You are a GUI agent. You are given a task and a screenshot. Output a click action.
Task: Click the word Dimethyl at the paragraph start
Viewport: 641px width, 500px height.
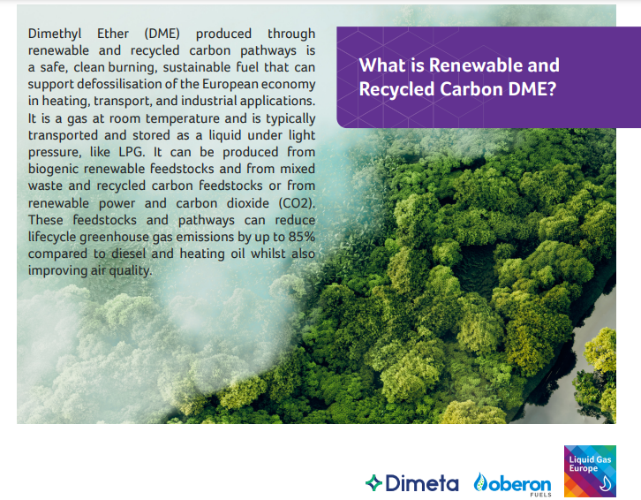coord(55,34)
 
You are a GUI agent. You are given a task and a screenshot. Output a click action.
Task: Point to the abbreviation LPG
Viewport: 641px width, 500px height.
coord(132,152)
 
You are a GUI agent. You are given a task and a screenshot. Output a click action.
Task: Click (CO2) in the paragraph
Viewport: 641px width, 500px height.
coord(297,203)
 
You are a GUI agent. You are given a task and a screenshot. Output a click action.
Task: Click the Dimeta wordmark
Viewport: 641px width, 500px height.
coord(422,483)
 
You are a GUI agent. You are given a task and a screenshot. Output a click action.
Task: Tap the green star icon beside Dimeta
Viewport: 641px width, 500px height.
coord(373,483)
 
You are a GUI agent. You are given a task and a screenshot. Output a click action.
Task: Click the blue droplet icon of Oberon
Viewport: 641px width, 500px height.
coord(480,482)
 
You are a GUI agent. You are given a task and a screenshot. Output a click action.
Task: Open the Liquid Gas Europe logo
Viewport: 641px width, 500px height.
coord(590,471)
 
